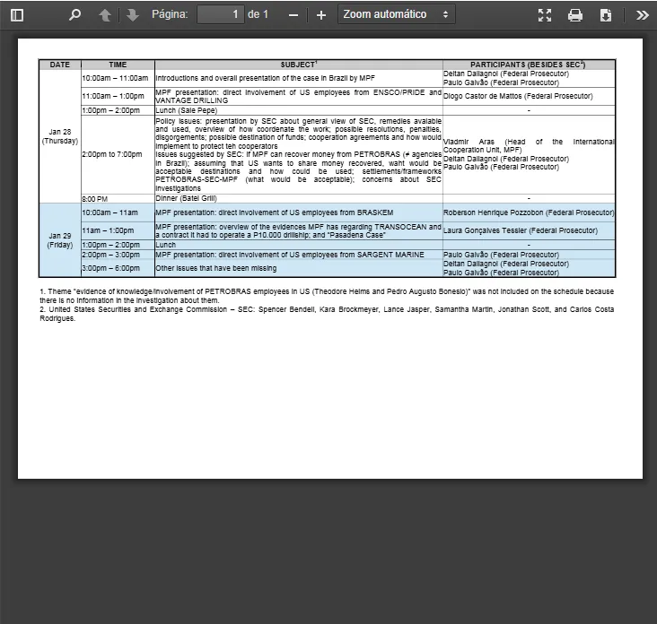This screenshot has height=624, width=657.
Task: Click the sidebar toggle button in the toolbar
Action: click(x=17, y=15)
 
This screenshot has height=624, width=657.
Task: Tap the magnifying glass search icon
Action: click(x=74, y=15)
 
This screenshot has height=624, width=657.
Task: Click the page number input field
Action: click(x=220, y=14)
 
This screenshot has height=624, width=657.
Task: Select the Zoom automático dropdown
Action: click(x=396, y=14)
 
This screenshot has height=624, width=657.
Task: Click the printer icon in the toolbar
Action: click(x=575, y=15)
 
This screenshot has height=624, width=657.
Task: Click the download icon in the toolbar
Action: click(x=606, y=15)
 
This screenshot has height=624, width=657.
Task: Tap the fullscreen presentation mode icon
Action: click(x=545, y=15)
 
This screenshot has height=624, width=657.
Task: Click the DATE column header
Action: click(x=60, y=65)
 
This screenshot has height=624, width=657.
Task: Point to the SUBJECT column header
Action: click(x=298, y=65)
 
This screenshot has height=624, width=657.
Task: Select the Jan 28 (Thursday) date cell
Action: click(x=60, y=136)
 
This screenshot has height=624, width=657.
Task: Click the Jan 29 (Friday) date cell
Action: click(x=60, y=240)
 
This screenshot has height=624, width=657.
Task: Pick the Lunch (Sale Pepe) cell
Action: click(x=187, y=110)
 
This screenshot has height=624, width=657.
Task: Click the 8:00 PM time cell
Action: click(x=94, y=198)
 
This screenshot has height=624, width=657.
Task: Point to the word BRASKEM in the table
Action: click(x=373, y=212)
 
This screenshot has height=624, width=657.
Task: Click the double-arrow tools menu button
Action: click(x=642, y=15)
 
